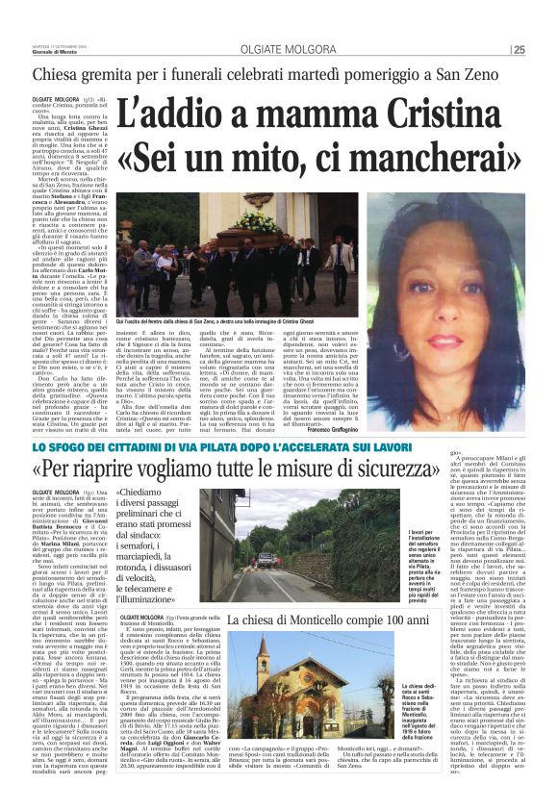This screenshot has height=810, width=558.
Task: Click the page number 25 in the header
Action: pyautogui.click(x=545, y=50)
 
